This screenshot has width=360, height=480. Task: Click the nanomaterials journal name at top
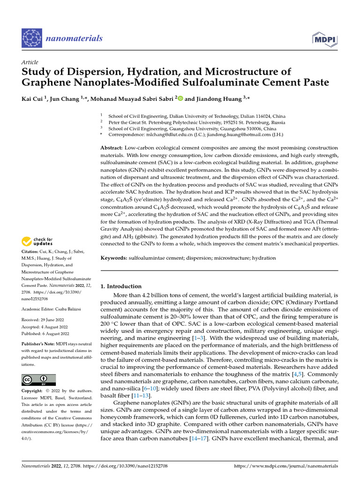pos(74,38)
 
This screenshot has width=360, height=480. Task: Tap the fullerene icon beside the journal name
pos(32,38)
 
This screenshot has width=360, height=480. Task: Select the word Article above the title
pos(30,62)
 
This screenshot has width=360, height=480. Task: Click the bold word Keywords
pos(113,258)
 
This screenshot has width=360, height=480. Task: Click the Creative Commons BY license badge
pos(38,380)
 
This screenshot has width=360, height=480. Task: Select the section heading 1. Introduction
pos(121,286)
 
